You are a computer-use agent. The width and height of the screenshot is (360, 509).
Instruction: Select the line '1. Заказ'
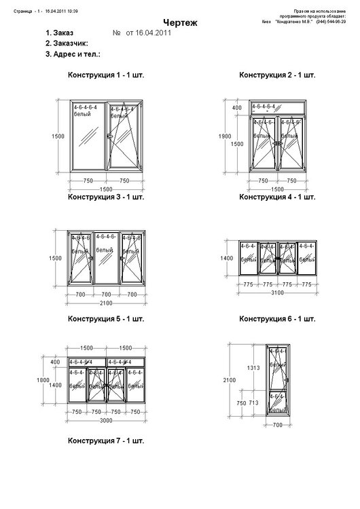[59, 33]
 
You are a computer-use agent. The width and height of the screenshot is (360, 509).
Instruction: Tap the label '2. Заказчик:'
[67, 43]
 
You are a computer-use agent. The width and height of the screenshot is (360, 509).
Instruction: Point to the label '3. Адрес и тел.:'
[73, 53]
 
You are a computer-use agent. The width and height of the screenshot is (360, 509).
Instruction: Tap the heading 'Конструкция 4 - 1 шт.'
[277, 197]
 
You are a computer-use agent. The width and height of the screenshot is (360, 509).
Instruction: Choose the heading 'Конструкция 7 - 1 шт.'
[106, 440]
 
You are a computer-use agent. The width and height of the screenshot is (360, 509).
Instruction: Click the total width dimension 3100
[278, 292]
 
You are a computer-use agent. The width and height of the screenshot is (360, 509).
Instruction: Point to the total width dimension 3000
[106, 420]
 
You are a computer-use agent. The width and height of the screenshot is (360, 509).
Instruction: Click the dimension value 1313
[253, 368]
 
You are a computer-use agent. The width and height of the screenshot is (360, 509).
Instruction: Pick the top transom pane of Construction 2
[277, 108]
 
